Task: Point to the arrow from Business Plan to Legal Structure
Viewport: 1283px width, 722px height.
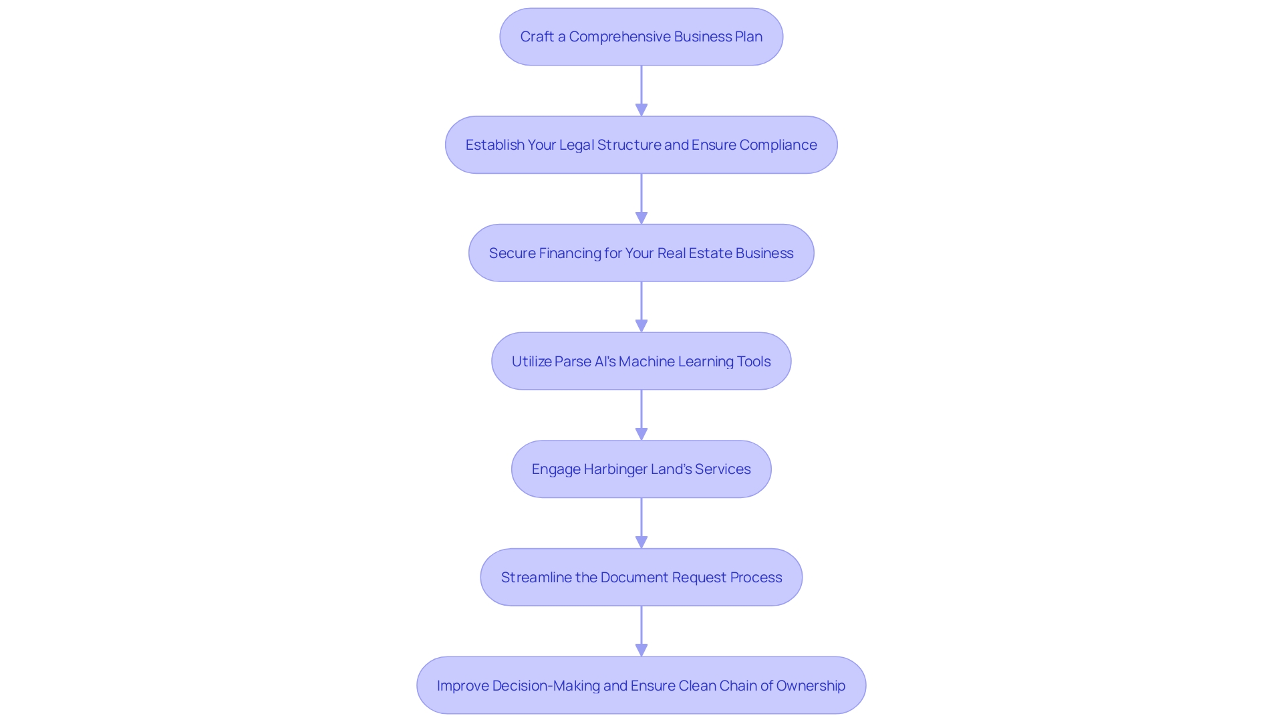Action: click(641, 90)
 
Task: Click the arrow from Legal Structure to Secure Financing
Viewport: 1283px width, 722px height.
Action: click(641, 199)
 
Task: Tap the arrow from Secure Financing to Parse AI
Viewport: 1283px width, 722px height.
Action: click(641, 307)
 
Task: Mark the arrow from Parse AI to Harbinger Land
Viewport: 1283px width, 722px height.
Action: click(641, 415)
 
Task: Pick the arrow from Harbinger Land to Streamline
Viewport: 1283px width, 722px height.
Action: click(641, 523)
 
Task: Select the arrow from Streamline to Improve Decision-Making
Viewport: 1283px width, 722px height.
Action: click(641, 632)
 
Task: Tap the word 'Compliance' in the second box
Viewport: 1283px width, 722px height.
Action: click(778, 145)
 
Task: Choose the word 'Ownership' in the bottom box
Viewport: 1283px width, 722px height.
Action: click(811, 686)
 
